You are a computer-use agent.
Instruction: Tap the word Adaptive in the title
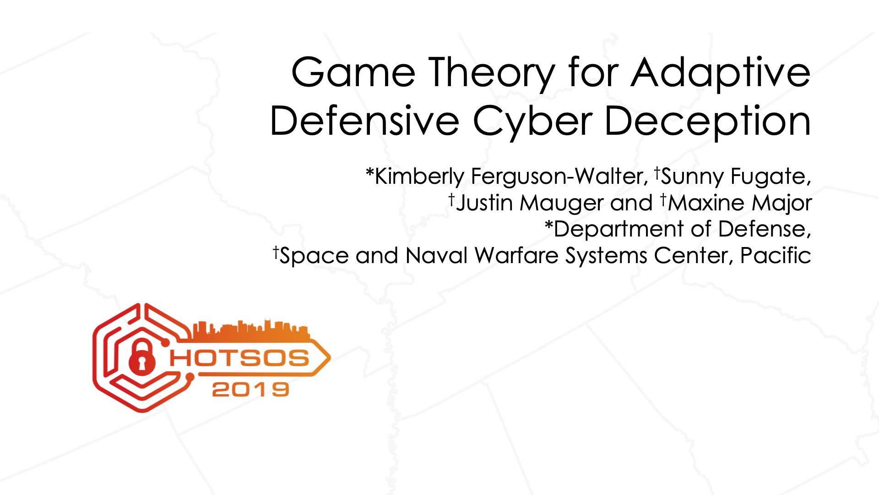click(721, 75)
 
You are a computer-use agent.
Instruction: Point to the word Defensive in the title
click(364, 121)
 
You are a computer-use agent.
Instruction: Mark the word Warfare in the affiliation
click(516, 255)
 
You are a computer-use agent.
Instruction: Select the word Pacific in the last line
click(776, 255)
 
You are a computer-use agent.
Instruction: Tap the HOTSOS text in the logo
click(239, 358)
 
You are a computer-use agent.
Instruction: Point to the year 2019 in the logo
click(250, 390)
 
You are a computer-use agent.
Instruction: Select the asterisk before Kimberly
click(370, 173)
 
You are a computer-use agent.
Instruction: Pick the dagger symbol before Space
click(276, 251)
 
